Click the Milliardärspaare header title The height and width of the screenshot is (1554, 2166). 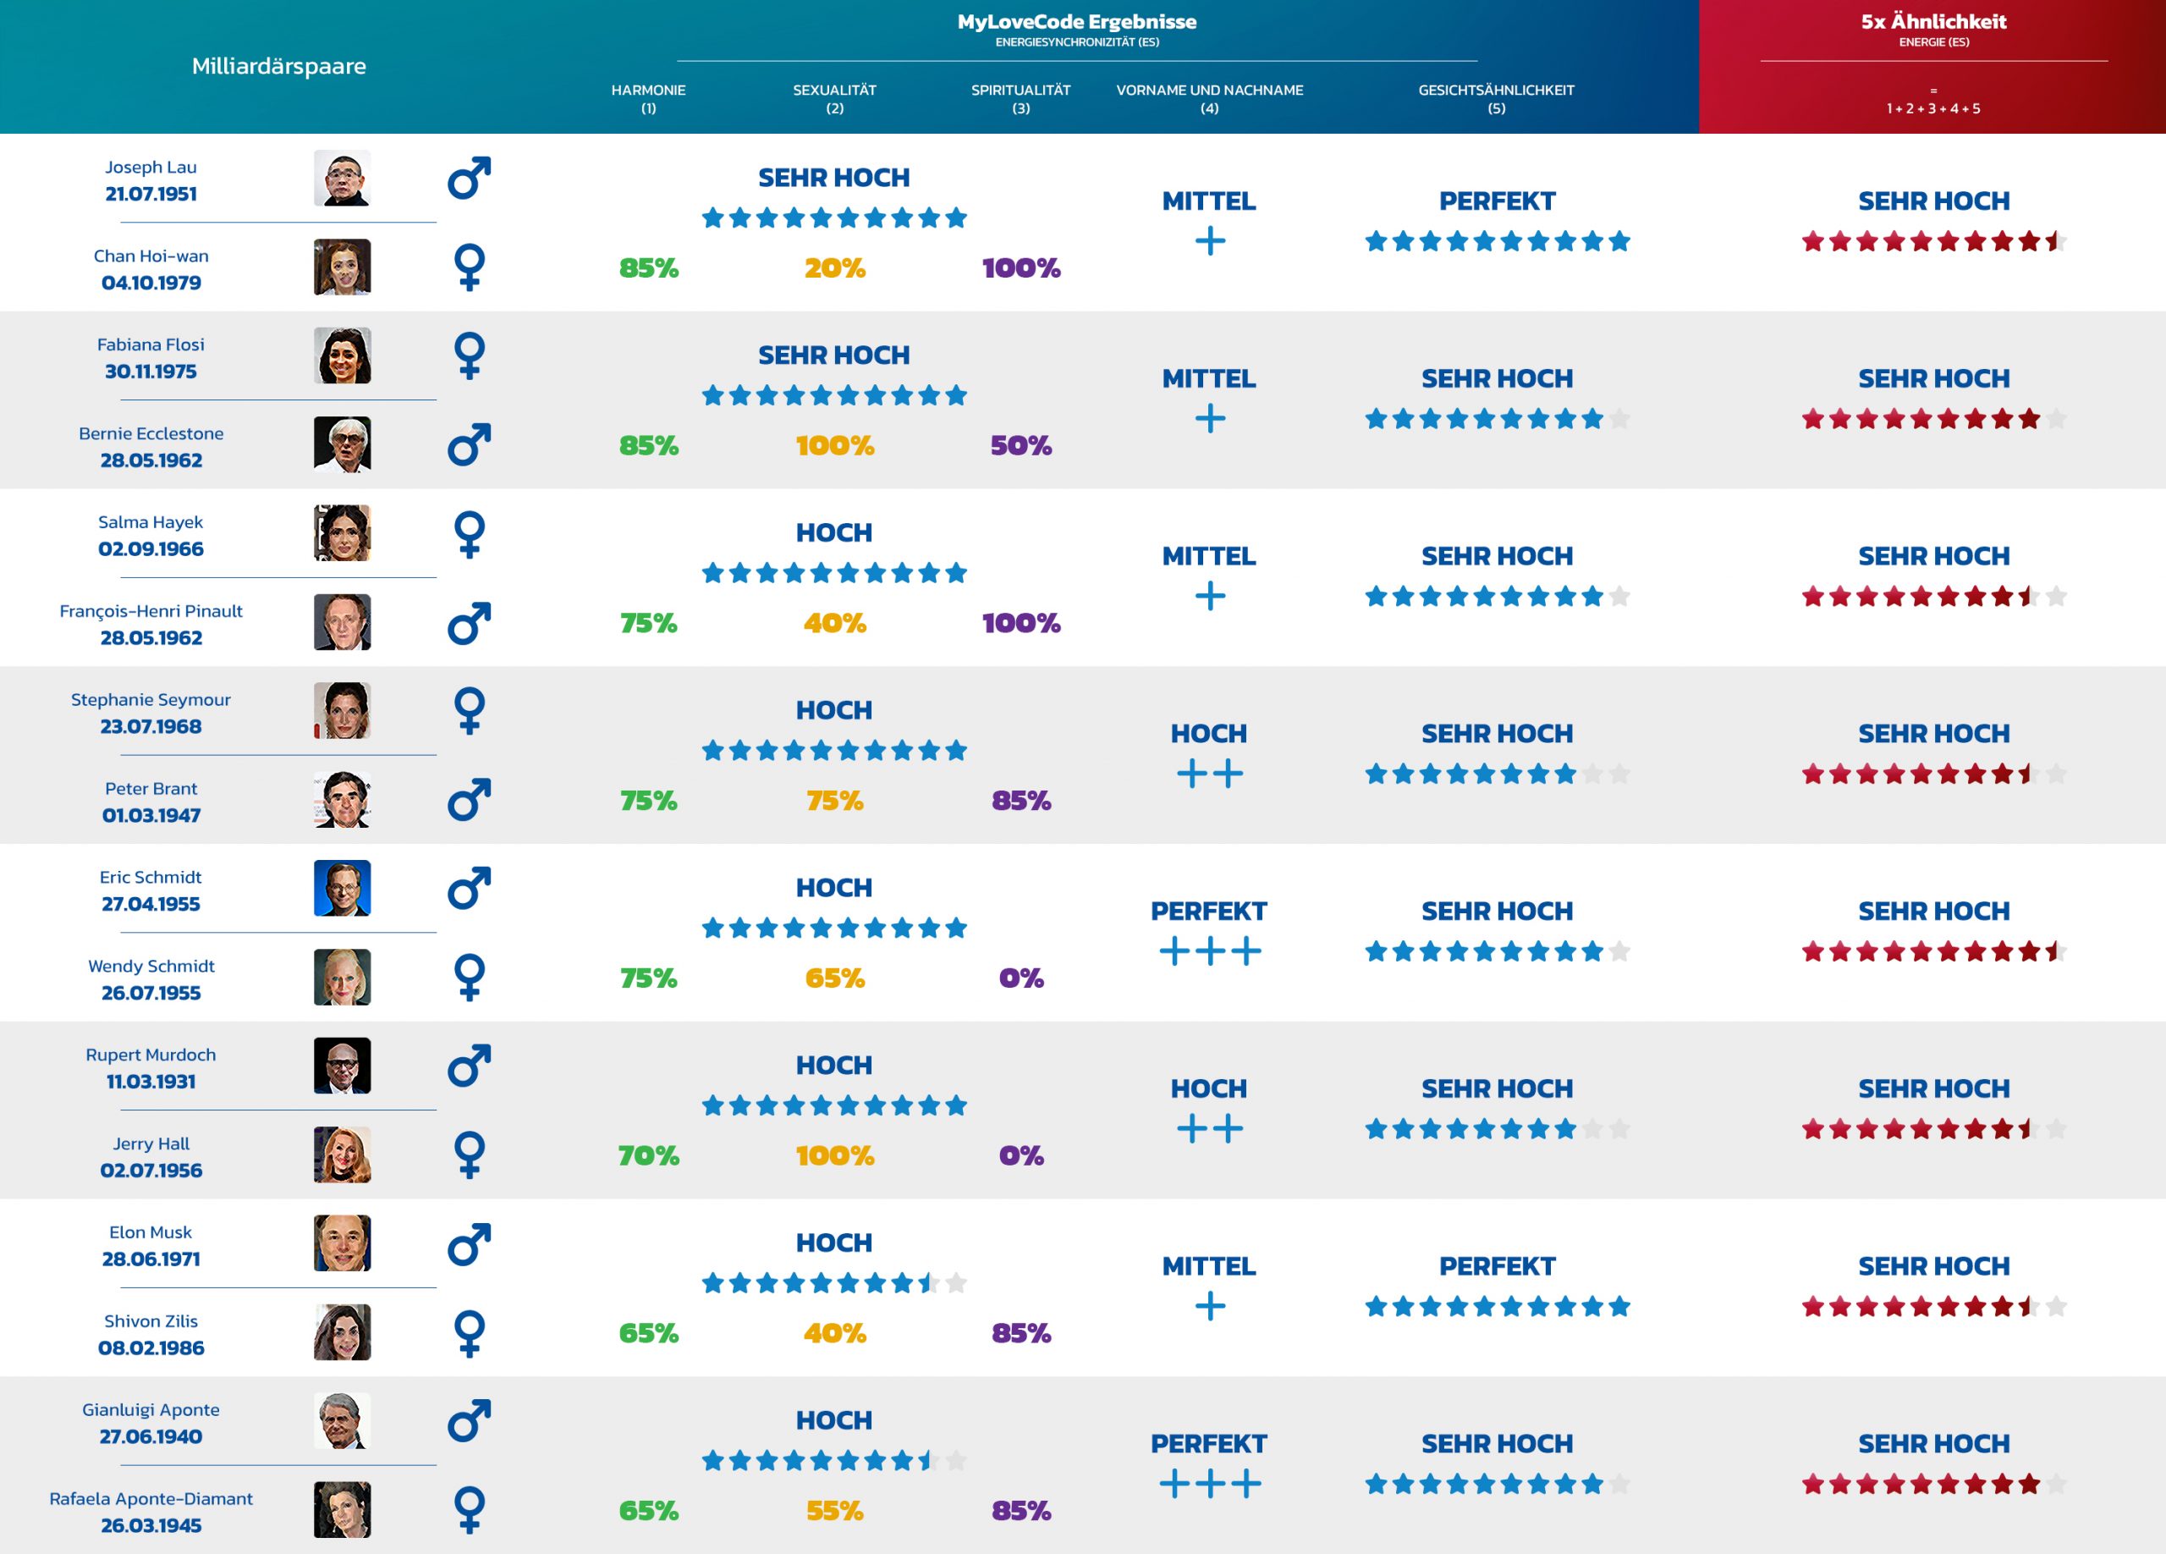[x=279, y=66]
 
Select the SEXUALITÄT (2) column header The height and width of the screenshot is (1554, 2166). [x=833, y=98]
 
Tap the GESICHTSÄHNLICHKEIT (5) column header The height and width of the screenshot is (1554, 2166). [x=1496, y=98]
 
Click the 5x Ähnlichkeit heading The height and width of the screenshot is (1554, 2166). [x=1933, y=21]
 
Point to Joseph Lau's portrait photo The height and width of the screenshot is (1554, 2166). [x=342, y=178]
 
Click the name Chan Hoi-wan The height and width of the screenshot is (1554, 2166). [x=151, y=256]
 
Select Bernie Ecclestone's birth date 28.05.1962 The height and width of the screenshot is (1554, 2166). [x=151, y=460]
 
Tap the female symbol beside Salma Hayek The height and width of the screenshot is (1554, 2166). [x=469, y=534]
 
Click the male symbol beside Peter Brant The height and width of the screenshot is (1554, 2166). [x=469, y=800]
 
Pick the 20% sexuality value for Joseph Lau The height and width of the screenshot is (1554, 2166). [x=833, y=268]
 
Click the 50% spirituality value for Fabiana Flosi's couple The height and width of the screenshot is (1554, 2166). [x=1020, y=446]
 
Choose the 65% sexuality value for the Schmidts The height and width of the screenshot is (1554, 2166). [x=833, y=978]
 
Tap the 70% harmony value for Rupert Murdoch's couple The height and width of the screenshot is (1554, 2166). [x=648, y=1155]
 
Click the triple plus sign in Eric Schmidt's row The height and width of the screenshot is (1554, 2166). [x=1209, y=951]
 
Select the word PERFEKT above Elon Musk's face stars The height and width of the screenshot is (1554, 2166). [x=1497, y=1266]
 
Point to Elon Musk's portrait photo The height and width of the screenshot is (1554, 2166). [x=342, y=1243]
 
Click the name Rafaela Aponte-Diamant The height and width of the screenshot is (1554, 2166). [x=151, y=1499]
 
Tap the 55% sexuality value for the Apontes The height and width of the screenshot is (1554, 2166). [x=833, y=1511]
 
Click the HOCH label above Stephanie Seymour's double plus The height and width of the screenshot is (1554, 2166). [x=1208, y=734]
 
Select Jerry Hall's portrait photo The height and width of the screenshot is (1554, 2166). [x=342, y=1154]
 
